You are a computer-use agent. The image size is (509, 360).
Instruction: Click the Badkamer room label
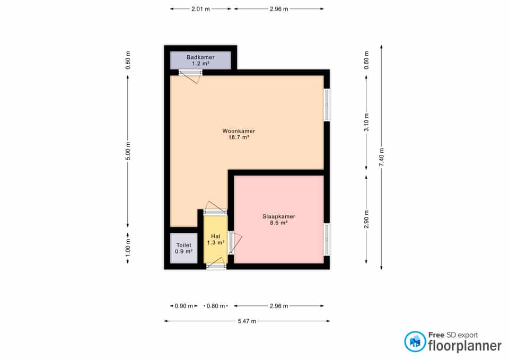coord(200,60)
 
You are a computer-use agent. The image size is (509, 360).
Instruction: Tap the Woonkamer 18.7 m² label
coord(239,134)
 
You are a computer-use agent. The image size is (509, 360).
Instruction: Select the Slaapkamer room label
coord(279,219)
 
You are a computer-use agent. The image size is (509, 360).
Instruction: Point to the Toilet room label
coord(184,248)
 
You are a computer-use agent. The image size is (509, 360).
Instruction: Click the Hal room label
coord(216,239)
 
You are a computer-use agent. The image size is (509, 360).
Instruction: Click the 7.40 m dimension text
coord(381,157)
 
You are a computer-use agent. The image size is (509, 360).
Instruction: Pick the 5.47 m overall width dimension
coord(247,321)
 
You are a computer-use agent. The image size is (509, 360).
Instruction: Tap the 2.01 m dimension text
coord(200,9)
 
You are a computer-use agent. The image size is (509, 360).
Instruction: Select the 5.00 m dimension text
coord(128,151)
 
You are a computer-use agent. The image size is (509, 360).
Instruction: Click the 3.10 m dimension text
coord(366,122)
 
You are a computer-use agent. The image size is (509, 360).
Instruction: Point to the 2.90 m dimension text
coord(366,219)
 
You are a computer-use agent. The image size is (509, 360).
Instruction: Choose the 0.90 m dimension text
coord(184,306)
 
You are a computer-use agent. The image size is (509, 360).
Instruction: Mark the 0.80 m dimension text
coord(216,306)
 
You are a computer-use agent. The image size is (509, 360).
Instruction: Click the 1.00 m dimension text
coord(128,248)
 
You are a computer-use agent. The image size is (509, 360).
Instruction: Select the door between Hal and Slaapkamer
coord(234,243)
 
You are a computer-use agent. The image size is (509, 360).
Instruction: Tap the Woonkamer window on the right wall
coord(327,104)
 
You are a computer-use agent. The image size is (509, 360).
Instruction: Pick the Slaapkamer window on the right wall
coord(327,240)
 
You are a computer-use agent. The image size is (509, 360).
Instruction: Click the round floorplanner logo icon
coord(415,341)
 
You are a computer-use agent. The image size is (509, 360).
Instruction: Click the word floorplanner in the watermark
coord(465,346)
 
